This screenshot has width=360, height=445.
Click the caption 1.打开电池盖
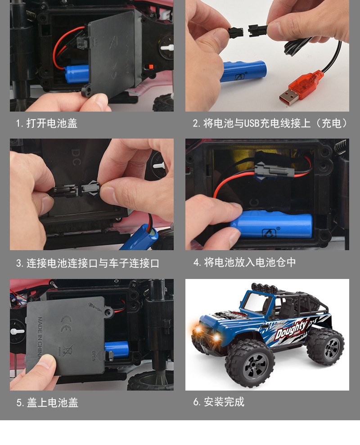click(47, 123)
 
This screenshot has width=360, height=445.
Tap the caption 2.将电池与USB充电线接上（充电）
click(270, 123)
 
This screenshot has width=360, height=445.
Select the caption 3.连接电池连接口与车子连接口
click(88, 263)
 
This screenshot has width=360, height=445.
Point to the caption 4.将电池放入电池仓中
click(245, 262)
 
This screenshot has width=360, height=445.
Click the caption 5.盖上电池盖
click(47, 402)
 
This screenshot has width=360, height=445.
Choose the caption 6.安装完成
click(219, 402)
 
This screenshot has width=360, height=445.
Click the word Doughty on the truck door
click(291, 330)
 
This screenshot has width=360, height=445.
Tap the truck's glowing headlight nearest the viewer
click(216, 337)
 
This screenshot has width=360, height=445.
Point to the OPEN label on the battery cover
click(94, 355)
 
